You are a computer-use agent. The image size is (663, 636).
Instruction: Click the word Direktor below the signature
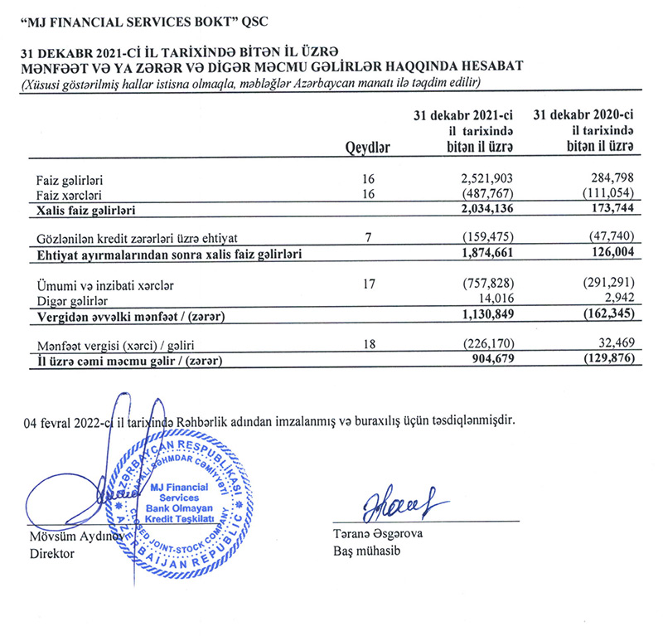52,553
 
